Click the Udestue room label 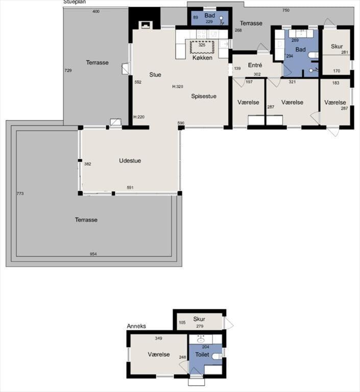(x=130, y=160)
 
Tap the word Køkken (x=202, y=58)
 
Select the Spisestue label (x=204, y=96)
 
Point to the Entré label (x=255, y=65)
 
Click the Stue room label (x=155, y=75)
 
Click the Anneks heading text (x=136, y=326)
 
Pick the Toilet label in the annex (x=202, y=355)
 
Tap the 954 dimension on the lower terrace (x=93, y=254)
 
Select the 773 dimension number (x=20, y=193)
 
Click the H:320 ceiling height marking (x=178, y=86)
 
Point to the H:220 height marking (x=139, y=117)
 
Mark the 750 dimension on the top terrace (x=285, y=10)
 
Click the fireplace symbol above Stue (x=145, y=24)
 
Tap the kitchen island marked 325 (x=202, y=47)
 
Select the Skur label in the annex (x=199, y=319)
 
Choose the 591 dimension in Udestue (x=130, y=187)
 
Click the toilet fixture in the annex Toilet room (x=217, y=356)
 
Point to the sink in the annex (x=200, y=340)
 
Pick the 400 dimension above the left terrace (x=96, y=11)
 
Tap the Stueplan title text (x=75, y=2)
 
